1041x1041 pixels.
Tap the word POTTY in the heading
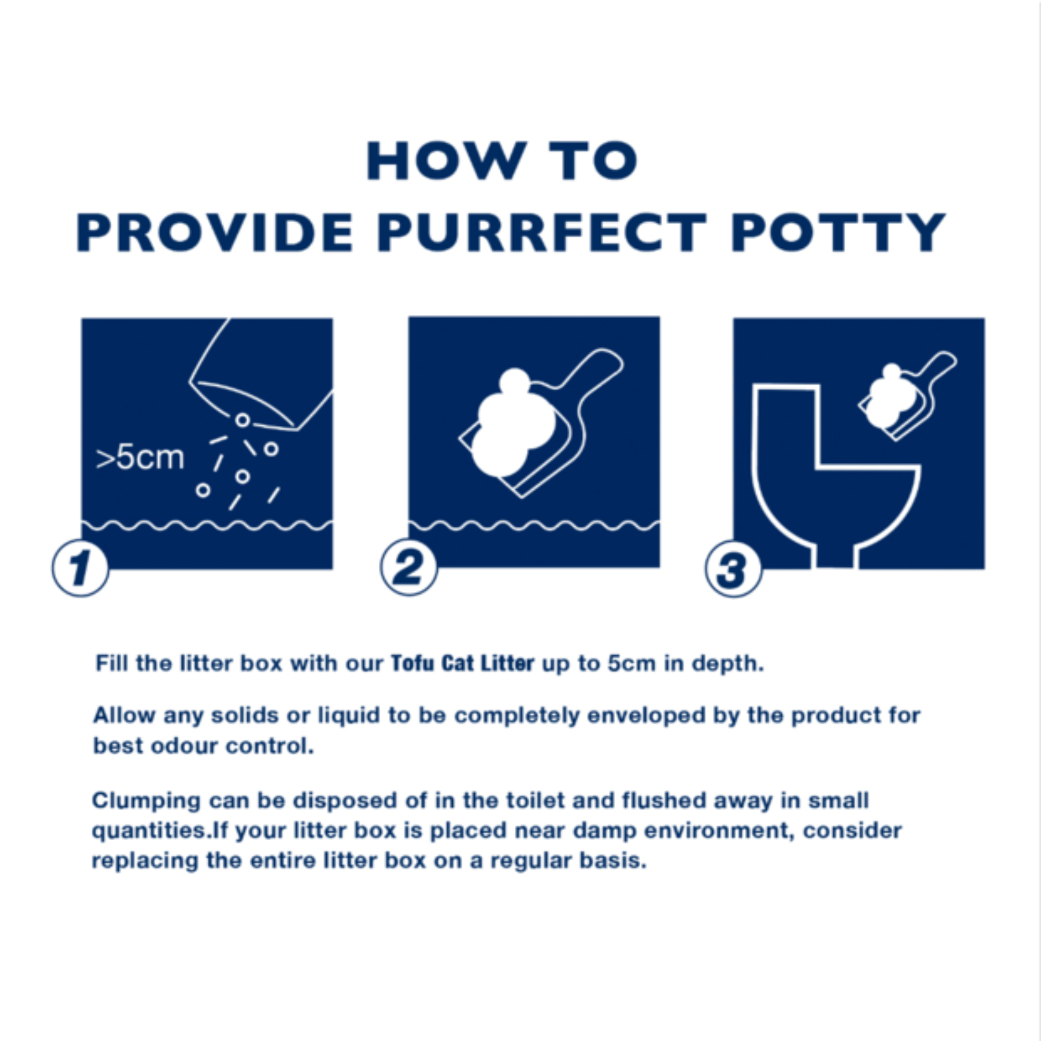pyautogui.click(x=839, y=232)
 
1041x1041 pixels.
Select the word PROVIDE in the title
pyautogui.click(x=215, y=232)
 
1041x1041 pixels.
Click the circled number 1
pyautogui.click(x=81, y=568)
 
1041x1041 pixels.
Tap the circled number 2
pyautogui.click(x=409, y=567)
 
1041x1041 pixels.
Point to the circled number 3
pyautogui.click(x=733, y=568)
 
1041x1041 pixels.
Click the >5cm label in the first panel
pyautogui.click(x=140, y=458)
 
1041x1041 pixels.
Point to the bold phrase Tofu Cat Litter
pyautogui.click(x=462, y=663)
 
